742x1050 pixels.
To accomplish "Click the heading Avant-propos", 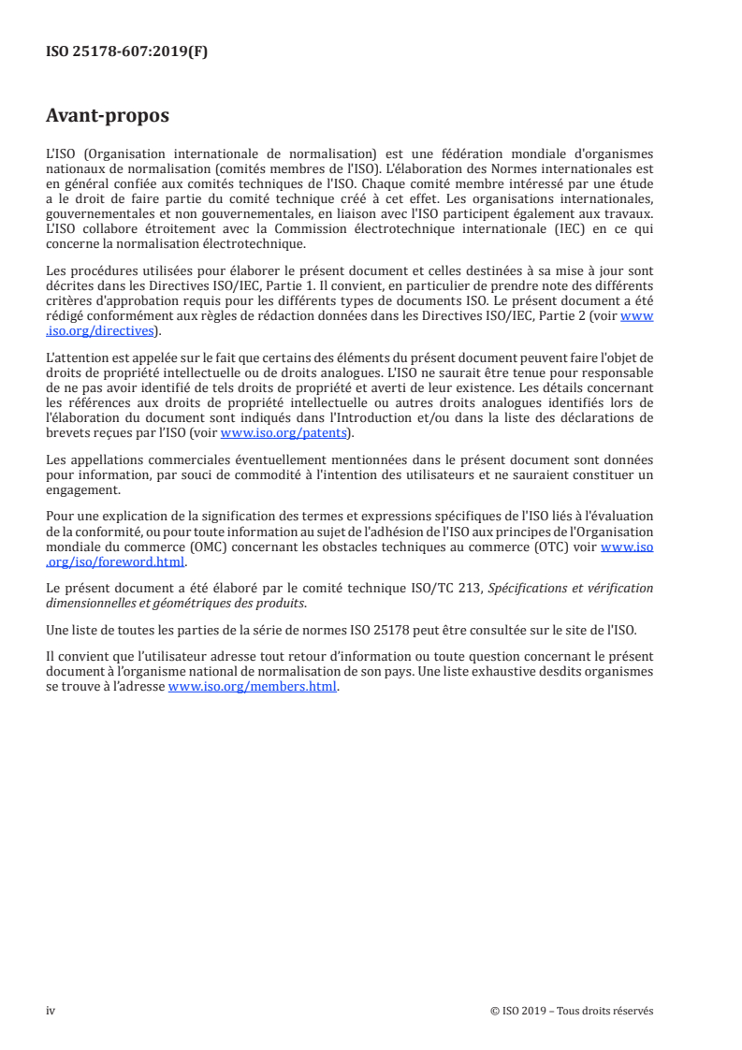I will tap(108, 117).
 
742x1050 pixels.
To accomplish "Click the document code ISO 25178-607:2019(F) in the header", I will tap(126, 52).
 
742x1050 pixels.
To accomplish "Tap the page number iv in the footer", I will tap(51, 1011).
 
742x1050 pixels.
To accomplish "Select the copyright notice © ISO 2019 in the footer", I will tap(517, 1011).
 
